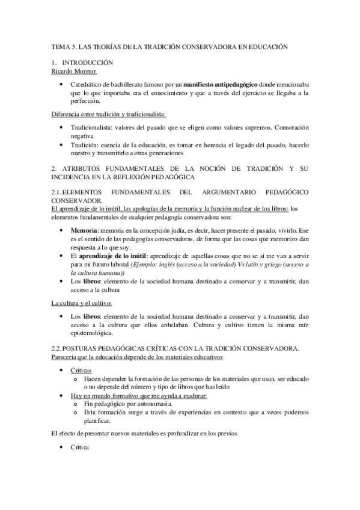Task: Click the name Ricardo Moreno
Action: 73,71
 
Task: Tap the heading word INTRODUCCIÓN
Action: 88,63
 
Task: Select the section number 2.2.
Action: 58,348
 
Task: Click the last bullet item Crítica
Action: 80,448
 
